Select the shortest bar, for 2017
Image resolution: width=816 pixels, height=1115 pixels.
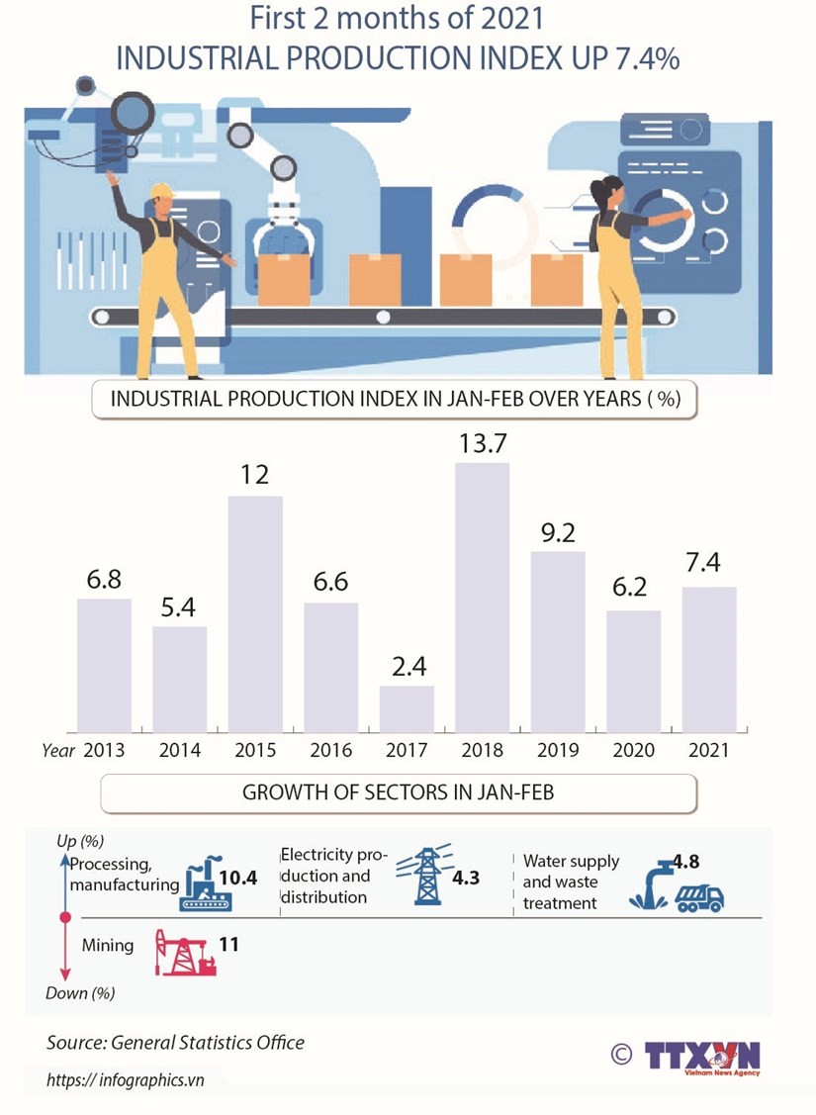[407, 708]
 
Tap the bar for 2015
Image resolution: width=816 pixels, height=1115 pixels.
[255, 613]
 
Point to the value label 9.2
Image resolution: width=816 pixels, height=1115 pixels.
[557, 533]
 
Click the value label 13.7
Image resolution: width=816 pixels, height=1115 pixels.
[482, 444]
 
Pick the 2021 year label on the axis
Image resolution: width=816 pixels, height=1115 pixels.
[708, 750]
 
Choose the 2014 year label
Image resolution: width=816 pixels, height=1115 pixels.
[179, 750]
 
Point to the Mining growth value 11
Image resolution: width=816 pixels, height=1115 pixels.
[228, 944]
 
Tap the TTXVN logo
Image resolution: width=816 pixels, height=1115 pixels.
[702, 1057]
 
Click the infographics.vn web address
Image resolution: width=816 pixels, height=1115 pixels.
[126, 1079]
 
